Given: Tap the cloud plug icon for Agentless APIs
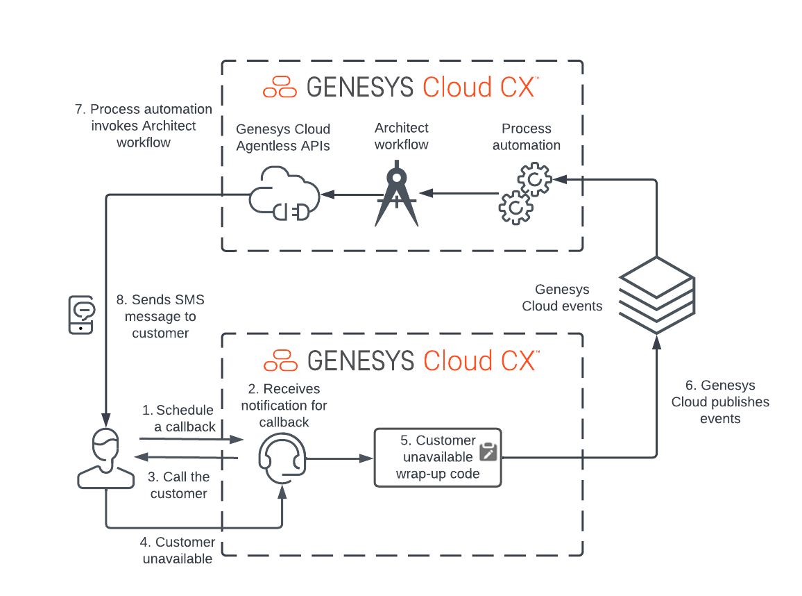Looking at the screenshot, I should (x=284, y=194).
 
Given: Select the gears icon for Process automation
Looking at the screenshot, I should (x=525, y=194).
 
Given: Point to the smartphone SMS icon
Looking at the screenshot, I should (x=81, y=315).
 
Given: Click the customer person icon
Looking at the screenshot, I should (x=105, y=458).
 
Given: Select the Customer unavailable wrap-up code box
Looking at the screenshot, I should (x=437, y=457).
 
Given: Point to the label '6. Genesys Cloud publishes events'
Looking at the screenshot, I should (x=720, y=402).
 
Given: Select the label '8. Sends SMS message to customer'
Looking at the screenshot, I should (x=160, y=317).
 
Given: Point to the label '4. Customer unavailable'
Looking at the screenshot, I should (x=178, y=550).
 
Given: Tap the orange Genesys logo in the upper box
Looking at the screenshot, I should (x=280, y=88).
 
